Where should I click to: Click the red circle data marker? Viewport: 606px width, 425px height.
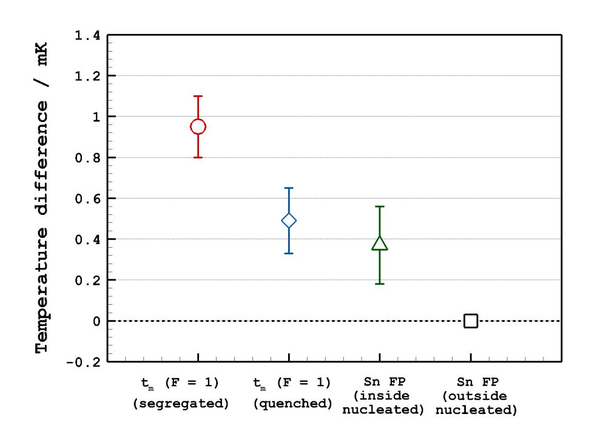pyautogui.click(x=198, y=126)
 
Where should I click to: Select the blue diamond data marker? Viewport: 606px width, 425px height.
pyautogui.click(x=289, y=220)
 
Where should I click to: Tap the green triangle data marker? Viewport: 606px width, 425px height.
pyautogui.click(x=380, y=243)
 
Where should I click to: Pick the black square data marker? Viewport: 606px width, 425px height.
pyautogui.click(x=471, y=321)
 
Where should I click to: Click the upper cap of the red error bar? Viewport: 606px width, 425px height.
pyautogui.click(x=198, y=96)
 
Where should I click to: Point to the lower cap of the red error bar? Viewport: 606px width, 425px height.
pyautogui.click(x=198, y=157)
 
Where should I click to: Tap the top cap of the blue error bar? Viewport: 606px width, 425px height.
pyautogui.click(x=289, y=188)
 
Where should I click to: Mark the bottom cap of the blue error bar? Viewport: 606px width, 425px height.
pyautogui.click(x=289, y=253)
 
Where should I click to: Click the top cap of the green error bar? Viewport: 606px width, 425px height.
pyautogui.click(x=380, y=206)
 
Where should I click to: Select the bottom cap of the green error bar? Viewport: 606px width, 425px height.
pyautogui.click(x=380, y=284)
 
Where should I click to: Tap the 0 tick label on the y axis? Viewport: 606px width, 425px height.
pyautogui.click(x=96, y=321)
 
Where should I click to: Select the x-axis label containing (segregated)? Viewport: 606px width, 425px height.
pyautogui.click(x=181, y=403)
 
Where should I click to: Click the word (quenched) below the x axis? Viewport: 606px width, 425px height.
pyautogui.click(x=292, y=403)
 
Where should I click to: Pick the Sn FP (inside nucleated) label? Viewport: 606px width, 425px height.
pyautogui.click(x=383, y=396)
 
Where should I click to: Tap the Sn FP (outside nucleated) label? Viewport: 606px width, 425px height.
pyautogui.click(x=476, y=396)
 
